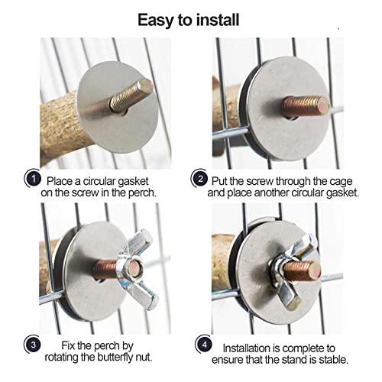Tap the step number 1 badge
[34, 179]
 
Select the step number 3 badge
[33, 345]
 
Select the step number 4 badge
[205, 345]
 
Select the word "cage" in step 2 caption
[341, 182]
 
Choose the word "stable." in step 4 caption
[334, 360]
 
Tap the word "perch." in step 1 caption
[142, 193]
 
